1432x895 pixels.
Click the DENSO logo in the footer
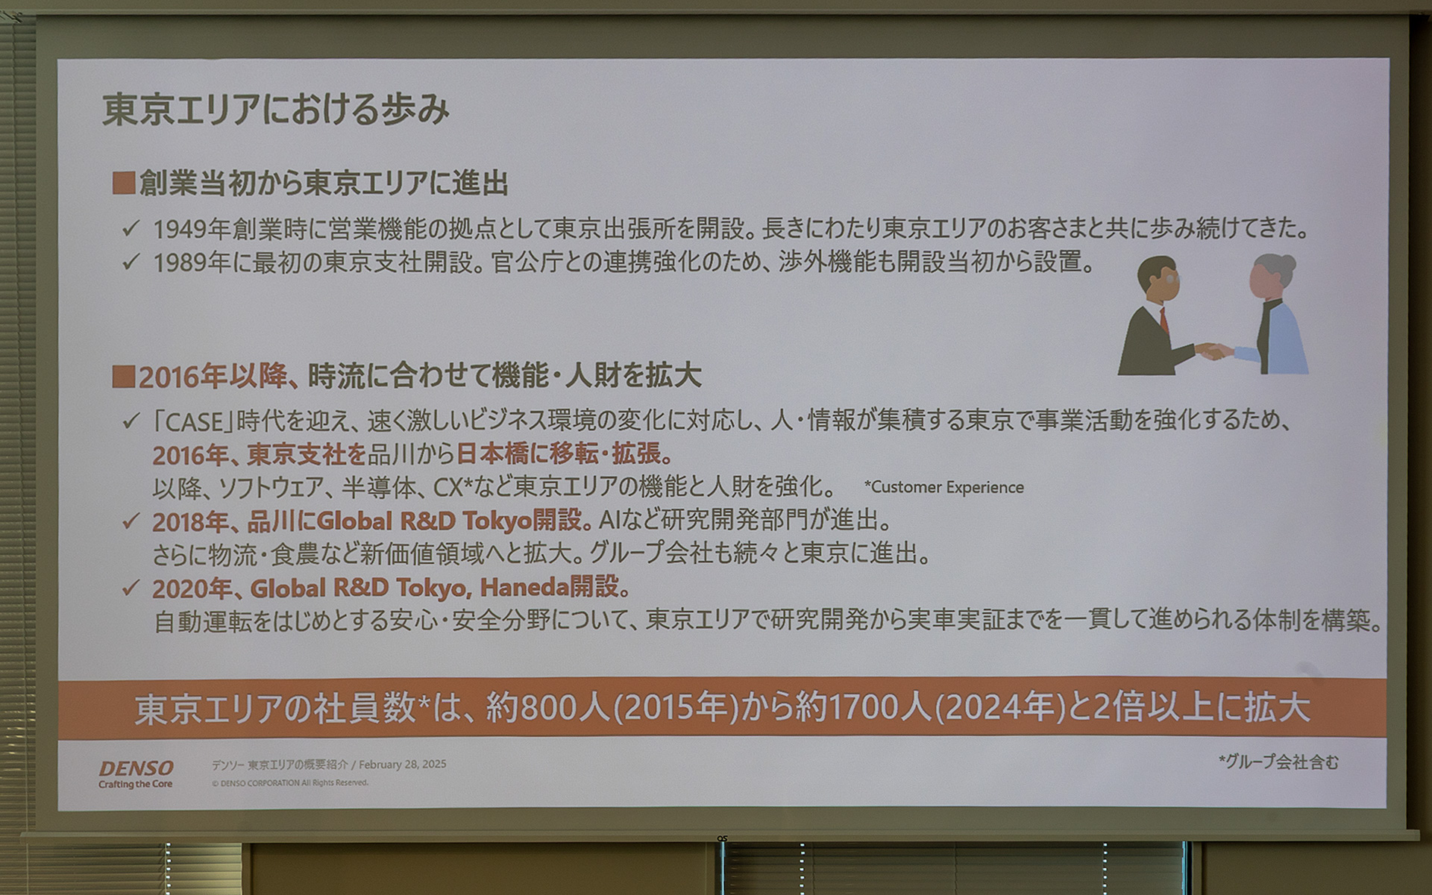coord(136,767)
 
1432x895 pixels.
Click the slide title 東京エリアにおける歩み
coord(276,110)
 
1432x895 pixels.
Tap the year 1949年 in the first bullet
coord(191,229)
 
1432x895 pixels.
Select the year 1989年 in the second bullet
coord(191,263)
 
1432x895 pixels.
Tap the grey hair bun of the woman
coord(1286,263)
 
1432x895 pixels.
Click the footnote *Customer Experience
coord(943,488)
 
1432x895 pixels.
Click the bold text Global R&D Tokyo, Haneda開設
coord(440,588)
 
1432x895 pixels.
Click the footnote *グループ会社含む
coord(1278,761)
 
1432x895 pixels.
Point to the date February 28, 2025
coord(403,764)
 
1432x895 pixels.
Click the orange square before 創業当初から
coord(123,183)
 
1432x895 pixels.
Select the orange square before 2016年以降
coord(123,377)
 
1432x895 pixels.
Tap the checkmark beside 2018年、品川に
coord(131,521)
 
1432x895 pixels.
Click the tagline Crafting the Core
coord(136,784)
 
